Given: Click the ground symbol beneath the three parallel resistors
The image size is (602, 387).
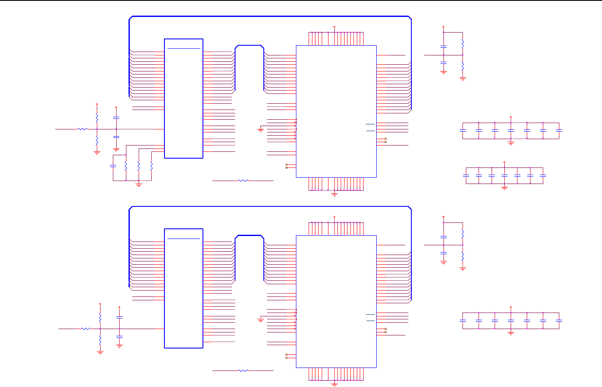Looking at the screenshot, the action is click(x=139, y=185).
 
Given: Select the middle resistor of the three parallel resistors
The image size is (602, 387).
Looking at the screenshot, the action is click(x=139, y=166).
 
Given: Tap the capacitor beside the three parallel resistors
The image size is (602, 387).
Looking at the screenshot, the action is click(x=113, y=166).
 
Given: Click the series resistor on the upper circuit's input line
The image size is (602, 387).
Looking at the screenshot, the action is click(x=82, y=129).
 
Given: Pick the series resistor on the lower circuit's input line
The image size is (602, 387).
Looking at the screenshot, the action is click(x=86, y=329).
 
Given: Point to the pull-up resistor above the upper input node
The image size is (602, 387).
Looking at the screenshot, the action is click(x=97, y=117).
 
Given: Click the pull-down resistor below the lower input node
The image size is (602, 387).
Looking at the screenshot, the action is click(x=100, y=340).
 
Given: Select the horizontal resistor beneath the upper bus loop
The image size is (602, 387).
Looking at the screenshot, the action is click(x=243, y=181).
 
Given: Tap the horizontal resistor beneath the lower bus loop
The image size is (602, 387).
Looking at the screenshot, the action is click(x=243, y=371).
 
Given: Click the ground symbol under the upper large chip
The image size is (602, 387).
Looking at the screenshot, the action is click(x=334, y=195).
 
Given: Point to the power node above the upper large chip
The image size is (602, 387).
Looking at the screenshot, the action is click(x=334, y=27).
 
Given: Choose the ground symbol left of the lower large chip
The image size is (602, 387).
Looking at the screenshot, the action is click(x=260, y=320).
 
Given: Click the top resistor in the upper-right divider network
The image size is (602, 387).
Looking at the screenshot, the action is click(x=463, y=43).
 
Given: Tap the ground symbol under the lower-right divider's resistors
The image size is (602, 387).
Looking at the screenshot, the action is click(x=463, y=269).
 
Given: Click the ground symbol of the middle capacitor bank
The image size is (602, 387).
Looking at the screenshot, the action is click(x=504, y=188).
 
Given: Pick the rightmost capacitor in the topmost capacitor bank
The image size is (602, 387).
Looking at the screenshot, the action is click(x=559, y=131).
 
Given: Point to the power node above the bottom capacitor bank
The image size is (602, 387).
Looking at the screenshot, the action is click(x=511, y=307).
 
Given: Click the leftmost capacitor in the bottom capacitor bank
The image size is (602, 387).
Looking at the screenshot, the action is click(x=463, y=321).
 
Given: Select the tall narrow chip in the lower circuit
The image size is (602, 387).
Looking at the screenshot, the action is click(x=183, y=288).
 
